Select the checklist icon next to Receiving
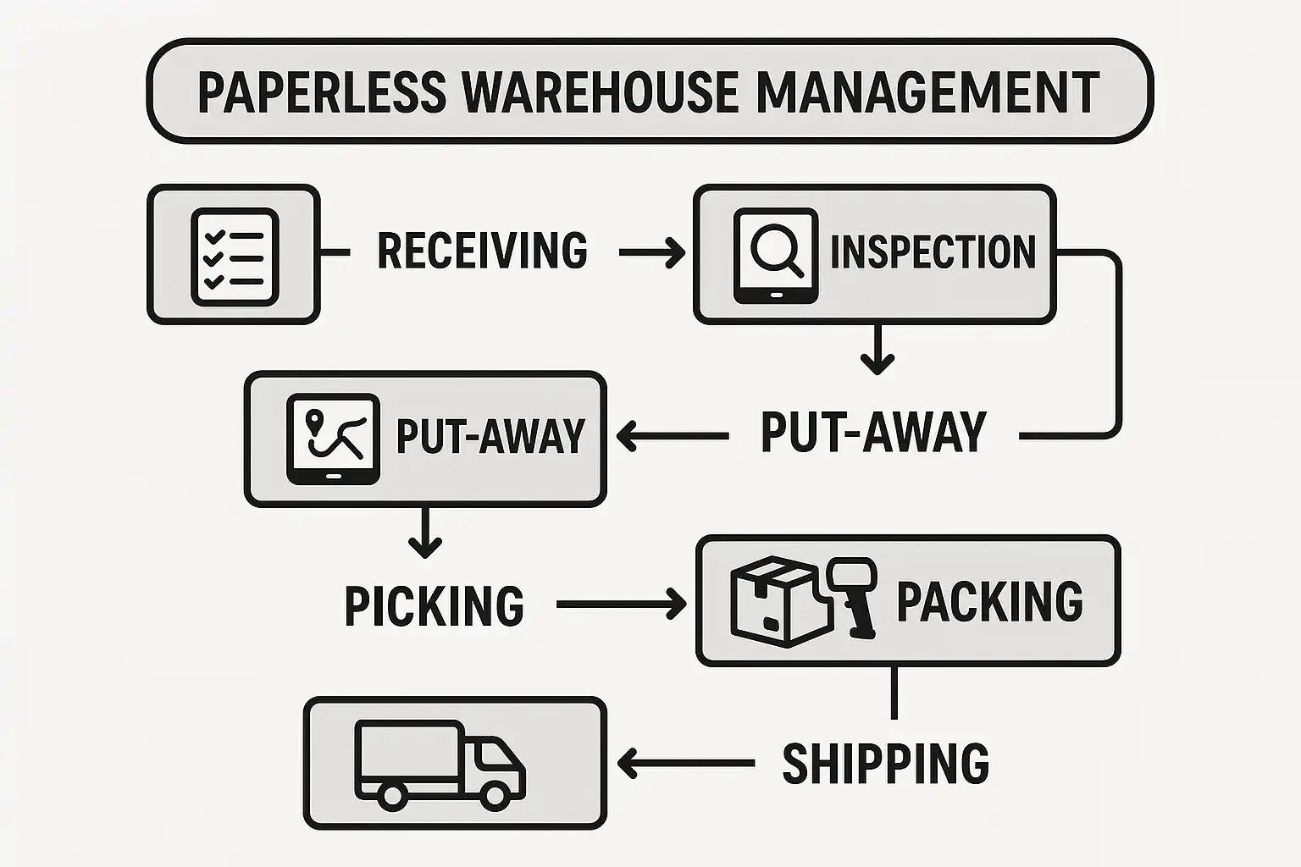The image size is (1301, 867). (235, 256)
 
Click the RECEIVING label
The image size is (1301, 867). (482, 251)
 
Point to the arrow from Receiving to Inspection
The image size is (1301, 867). (651, 251)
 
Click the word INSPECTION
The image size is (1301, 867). (933, 251)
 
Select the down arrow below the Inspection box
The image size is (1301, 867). (877, 350)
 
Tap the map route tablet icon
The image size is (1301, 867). (332, 439)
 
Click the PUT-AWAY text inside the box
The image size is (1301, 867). (490, 437)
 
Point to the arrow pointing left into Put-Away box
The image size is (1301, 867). (673, 437)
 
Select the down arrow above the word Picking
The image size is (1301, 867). (425, 533)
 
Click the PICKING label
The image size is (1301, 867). (434, 605)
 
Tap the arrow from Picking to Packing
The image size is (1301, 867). (621, 605)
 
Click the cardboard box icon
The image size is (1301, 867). (772, 602)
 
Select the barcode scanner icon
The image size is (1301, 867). (854, 595)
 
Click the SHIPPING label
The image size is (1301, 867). (885, 763)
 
